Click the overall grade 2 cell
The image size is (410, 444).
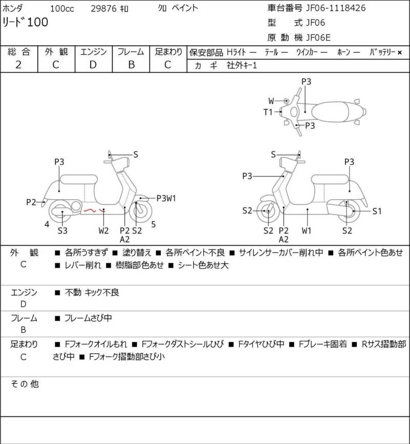point(18,65)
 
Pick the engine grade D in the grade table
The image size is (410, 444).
point(93,65)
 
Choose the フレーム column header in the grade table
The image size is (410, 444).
point(131,52)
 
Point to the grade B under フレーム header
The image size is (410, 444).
point(131,65)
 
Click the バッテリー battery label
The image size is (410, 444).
point(383,52)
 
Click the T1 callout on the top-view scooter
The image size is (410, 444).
point(268,111)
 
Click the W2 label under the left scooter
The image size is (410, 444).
point(104,230)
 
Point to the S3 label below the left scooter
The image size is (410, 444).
point(63,230)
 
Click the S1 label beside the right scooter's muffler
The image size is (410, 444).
point(377,210)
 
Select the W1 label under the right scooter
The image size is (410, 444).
point(306,230)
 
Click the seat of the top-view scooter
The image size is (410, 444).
point(333,111)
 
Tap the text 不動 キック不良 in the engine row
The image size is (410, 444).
point(92,293)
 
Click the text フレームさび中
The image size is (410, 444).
point(88,318)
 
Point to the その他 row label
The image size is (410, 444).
point(25,383)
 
